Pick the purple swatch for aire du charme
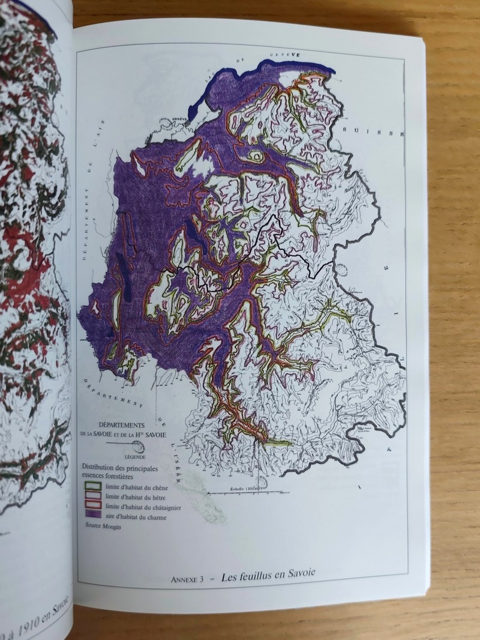92,517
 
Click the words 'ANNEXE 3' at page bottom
188,579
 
